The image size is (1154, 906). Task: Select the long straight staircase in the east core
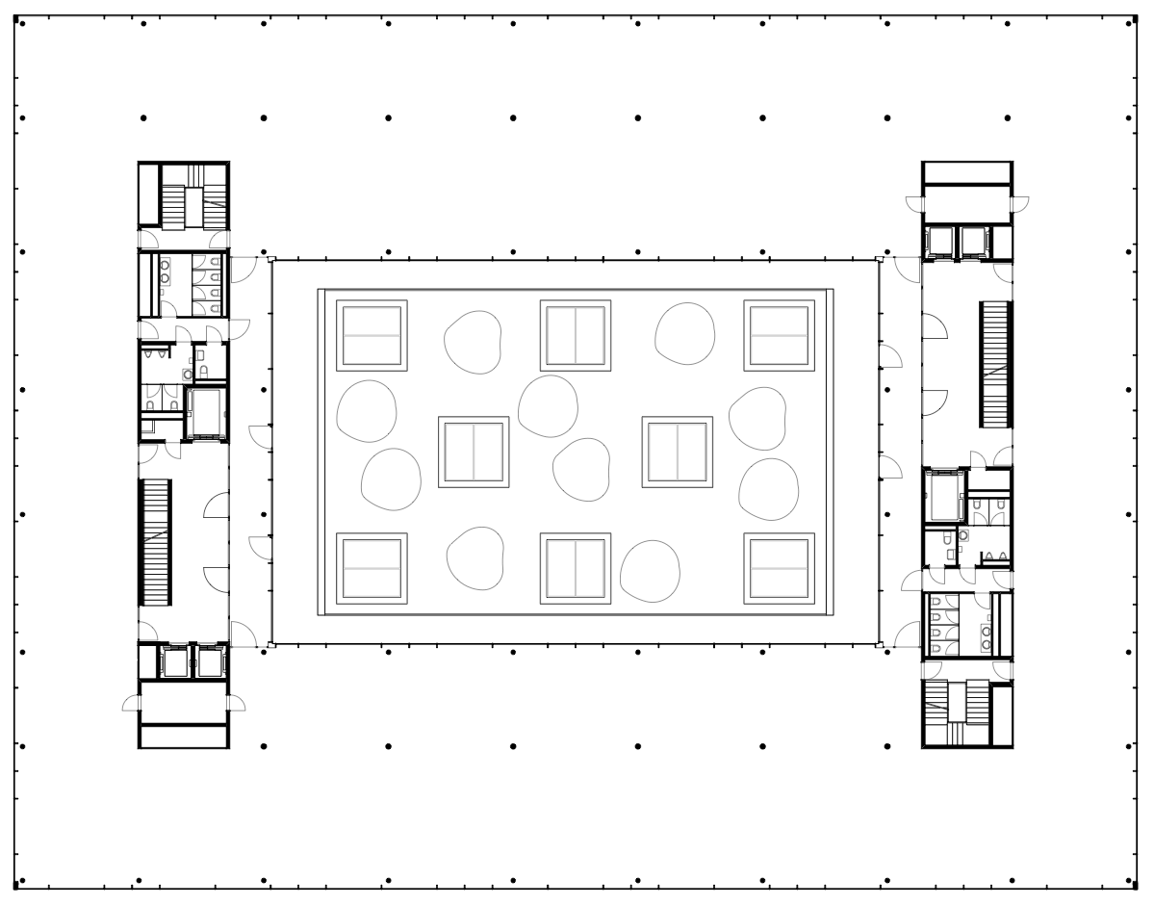[x=994, y=364]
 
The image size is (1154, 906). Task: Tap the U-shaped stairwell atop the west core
[x=182, y=196]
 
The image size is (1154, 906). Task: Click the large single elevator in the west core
[x=203, y=413]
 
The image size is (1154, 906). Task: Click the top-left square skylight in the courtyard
[x=372, y=335]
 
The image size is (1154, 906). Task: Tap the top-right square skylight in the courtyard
[x=779, y=335]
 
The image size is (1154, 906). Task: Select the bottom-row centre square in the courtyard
[x=575, y=568]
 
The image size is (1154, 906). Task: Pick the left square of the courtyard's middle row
[x=474, y=453]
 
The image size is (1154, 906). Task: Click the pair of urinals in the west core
[x=154, y=355]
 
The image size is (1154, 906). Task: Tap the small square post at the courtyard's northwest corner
[x=271, y=259]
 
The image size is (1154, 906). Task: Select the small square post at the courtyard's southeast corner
[x=878, y=645]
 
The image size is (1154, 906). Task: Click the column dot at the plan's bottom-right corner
[x=1132, y=880]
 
